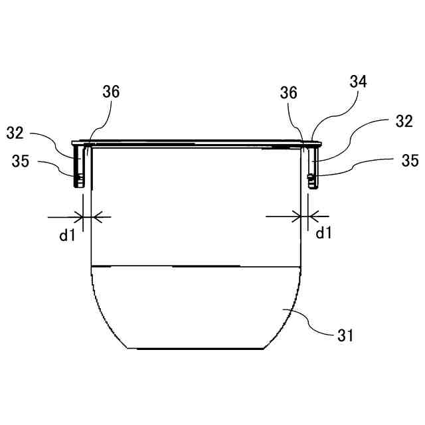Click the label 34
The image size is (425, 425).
pos(358,82)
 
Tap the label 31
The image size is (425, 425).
pos(345,335)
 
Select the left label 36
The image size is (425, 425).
pos(111,92)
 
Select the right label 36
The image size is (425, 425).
pos(288,92)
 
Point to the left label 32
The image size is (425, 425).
pos(15,133)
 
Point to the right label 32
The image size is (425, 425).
pos(404,121)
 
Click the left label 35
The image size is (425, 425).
pos(21,161)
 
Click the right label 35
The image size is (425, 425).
pos(410,161)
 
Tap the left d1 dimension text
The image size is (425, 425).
pos(67,235)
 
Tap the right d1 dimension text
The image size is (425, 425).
pos(323,232)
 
